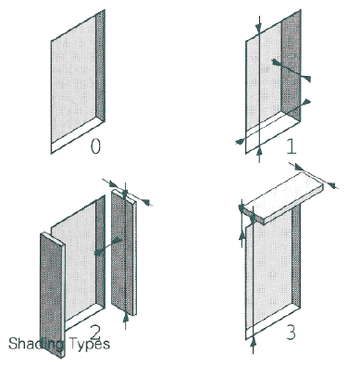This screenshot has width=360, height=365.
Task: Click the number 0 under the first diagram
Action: [x=95, y=146]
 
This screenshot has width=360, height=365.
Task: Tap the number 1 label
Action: [x=292, y=146]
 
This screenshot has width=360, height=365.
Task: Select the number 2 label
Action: [x=96, y=333]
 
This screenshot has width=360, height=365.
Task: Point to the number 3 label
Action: [x=291, y=333]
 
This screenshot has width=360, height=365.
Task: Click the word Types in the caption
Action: [x=90, y=344]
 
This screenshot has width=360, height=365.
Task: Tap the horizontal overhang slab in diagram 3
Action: [x=283, y=197]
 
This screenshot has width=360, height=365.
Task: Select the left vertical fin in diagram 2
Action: [x=53, y=295]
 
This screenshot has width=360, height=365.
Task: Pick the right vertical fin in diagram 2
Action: [x=123, y=252]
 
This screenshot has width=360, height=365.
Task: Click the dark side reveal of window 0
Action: [x=100, y=67]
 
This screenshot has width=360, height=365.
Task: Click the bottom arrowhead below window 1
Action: [x=259, y=151]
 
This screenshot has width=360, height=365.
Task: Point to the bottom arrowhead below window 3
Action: [x=254, y=342]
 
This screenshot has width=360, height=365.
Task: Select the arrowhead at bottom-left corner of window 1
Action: [x=240, y=142]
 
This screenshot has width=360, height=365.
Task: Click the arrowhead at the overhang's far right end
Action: [x=330, y=185]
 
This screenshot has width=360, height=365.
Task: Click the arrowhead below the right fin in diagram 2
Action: [x=125, y=317]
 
